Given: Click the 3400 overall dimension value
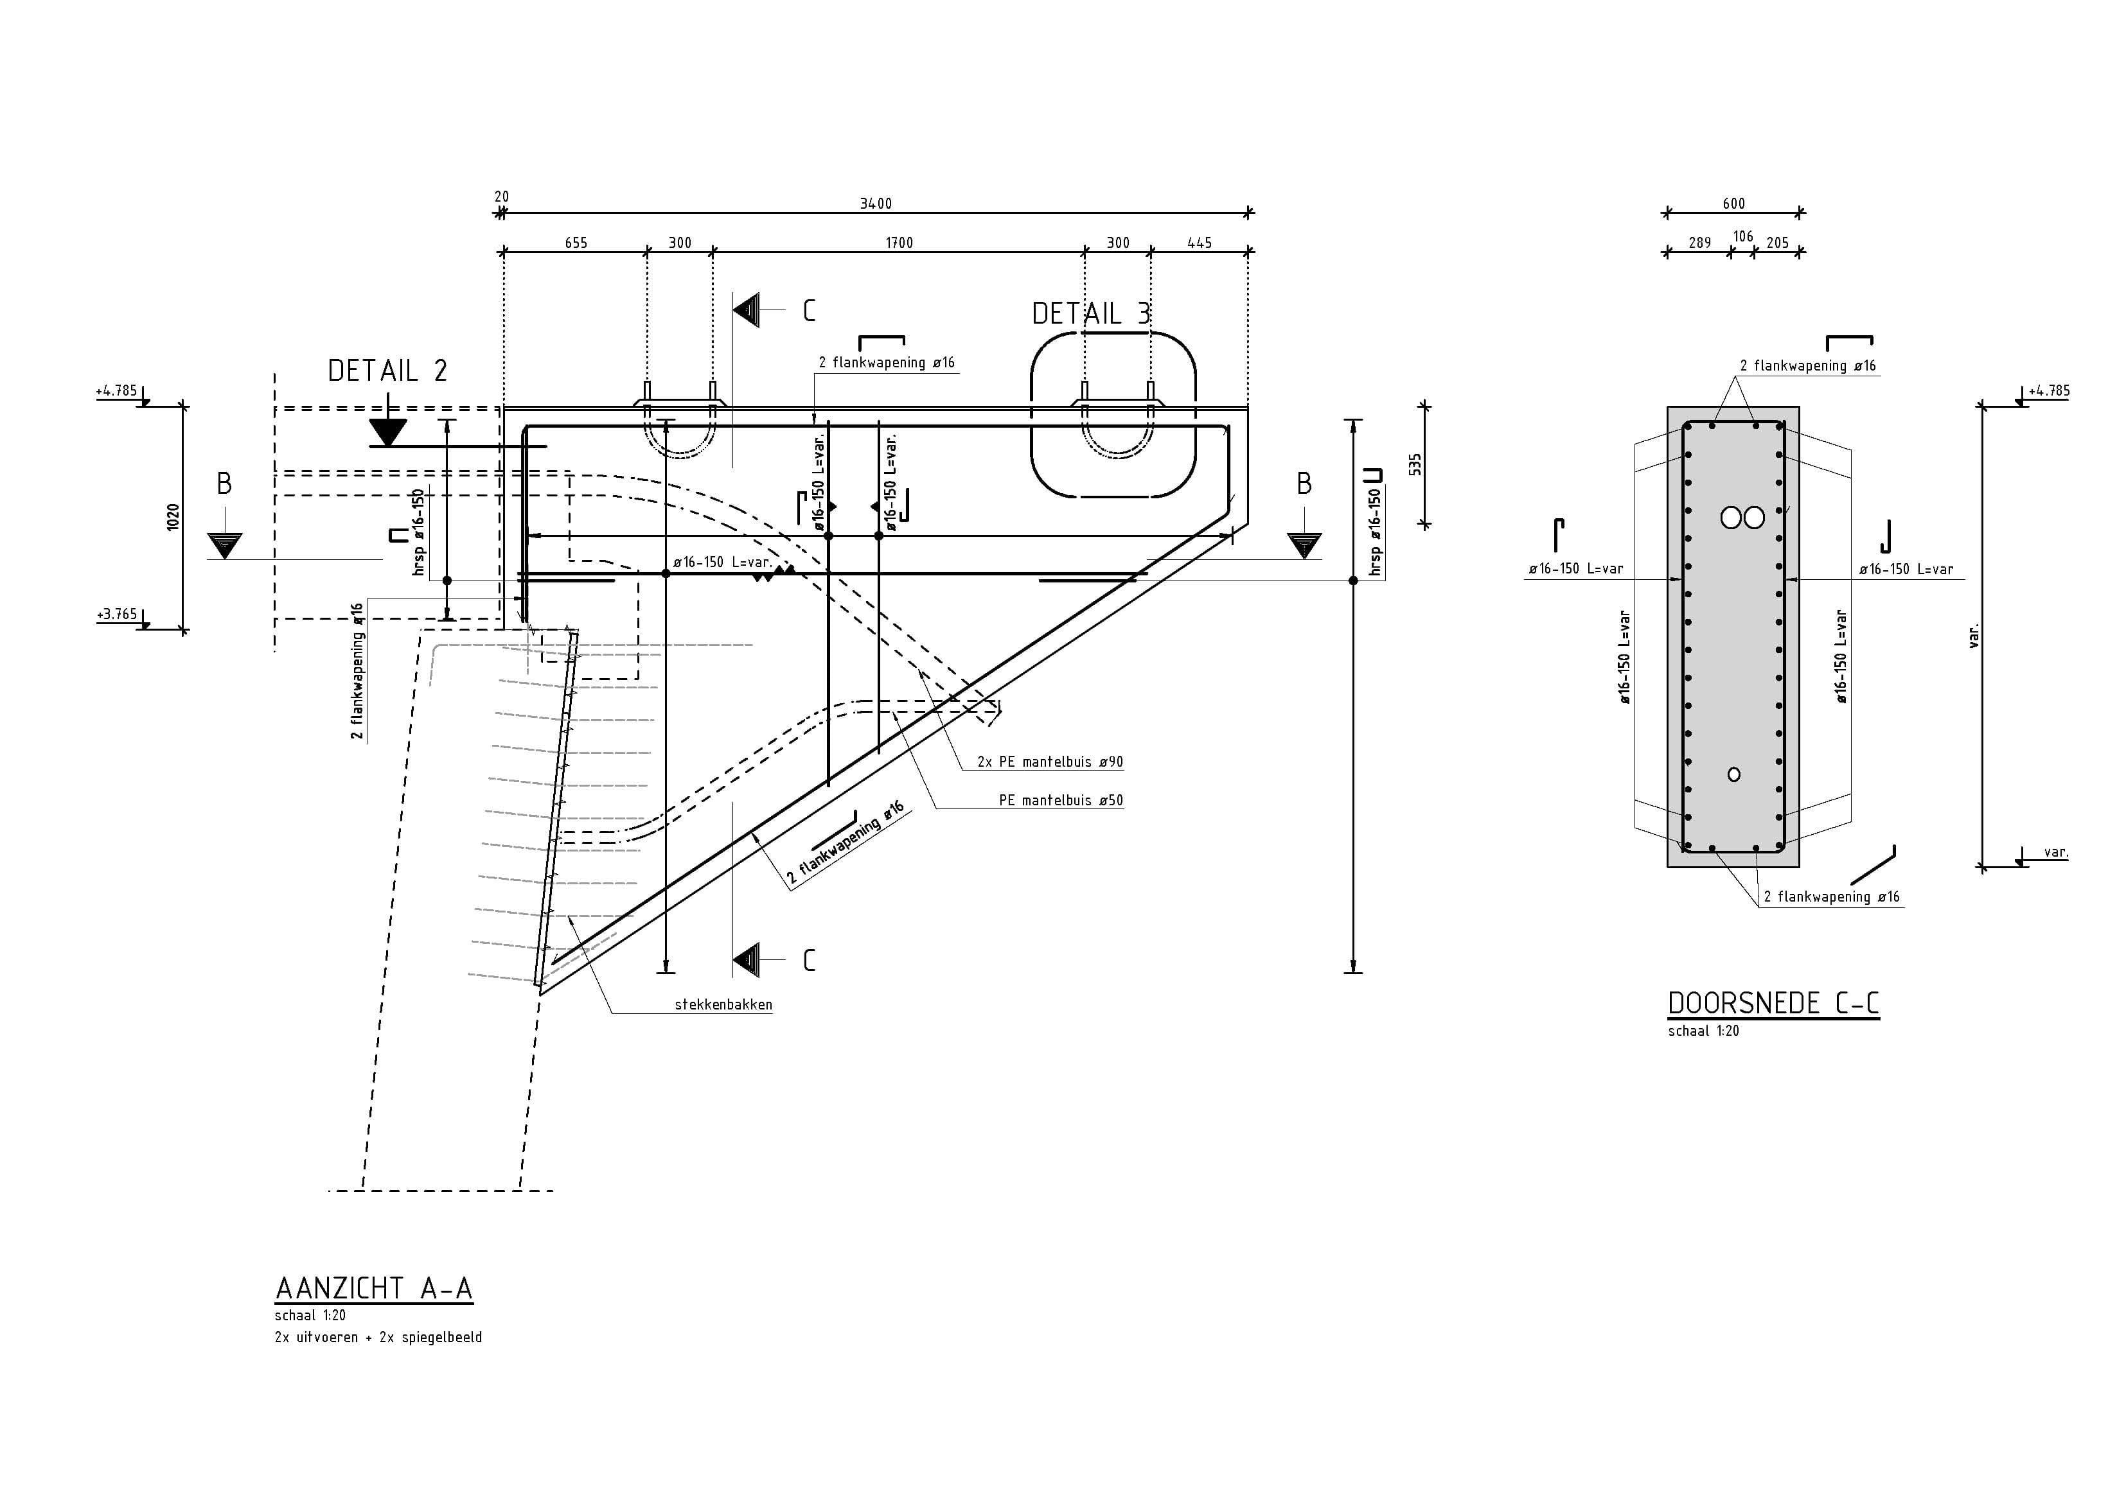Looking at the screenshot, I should tap(875, 204).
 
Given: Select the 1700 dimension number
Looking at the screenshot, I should tap(898, 243).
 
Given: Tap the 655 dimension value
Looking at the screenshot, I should tap(576, 243).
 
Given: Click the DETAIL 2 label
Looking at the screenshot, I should tap(387, 371).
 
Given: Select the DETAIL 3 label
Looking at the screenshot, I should tap(1091, 314).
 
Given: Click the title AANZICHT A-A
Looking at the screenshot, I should tap(374, 1288).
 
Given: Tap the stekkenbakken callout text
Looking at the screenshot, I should tap(723, 1004).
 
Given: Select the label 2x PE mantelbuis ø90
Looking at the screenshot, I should tap(1050, 762).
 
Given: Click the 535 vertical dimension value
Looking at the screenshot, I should tap(1415, 464).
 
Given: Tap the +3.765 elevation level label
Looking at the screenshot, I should tap(117, 613).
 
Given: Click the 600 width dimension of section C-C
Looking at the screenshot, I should tap(1733, 204).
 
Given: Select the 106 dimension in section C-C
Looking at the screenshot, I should tap(1742, 237).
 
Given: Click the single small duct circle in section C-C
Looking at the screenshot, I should tap(1734, 774).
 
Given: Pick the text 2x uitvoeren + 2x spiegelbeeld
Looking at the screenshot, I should tap(378, 1337).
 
